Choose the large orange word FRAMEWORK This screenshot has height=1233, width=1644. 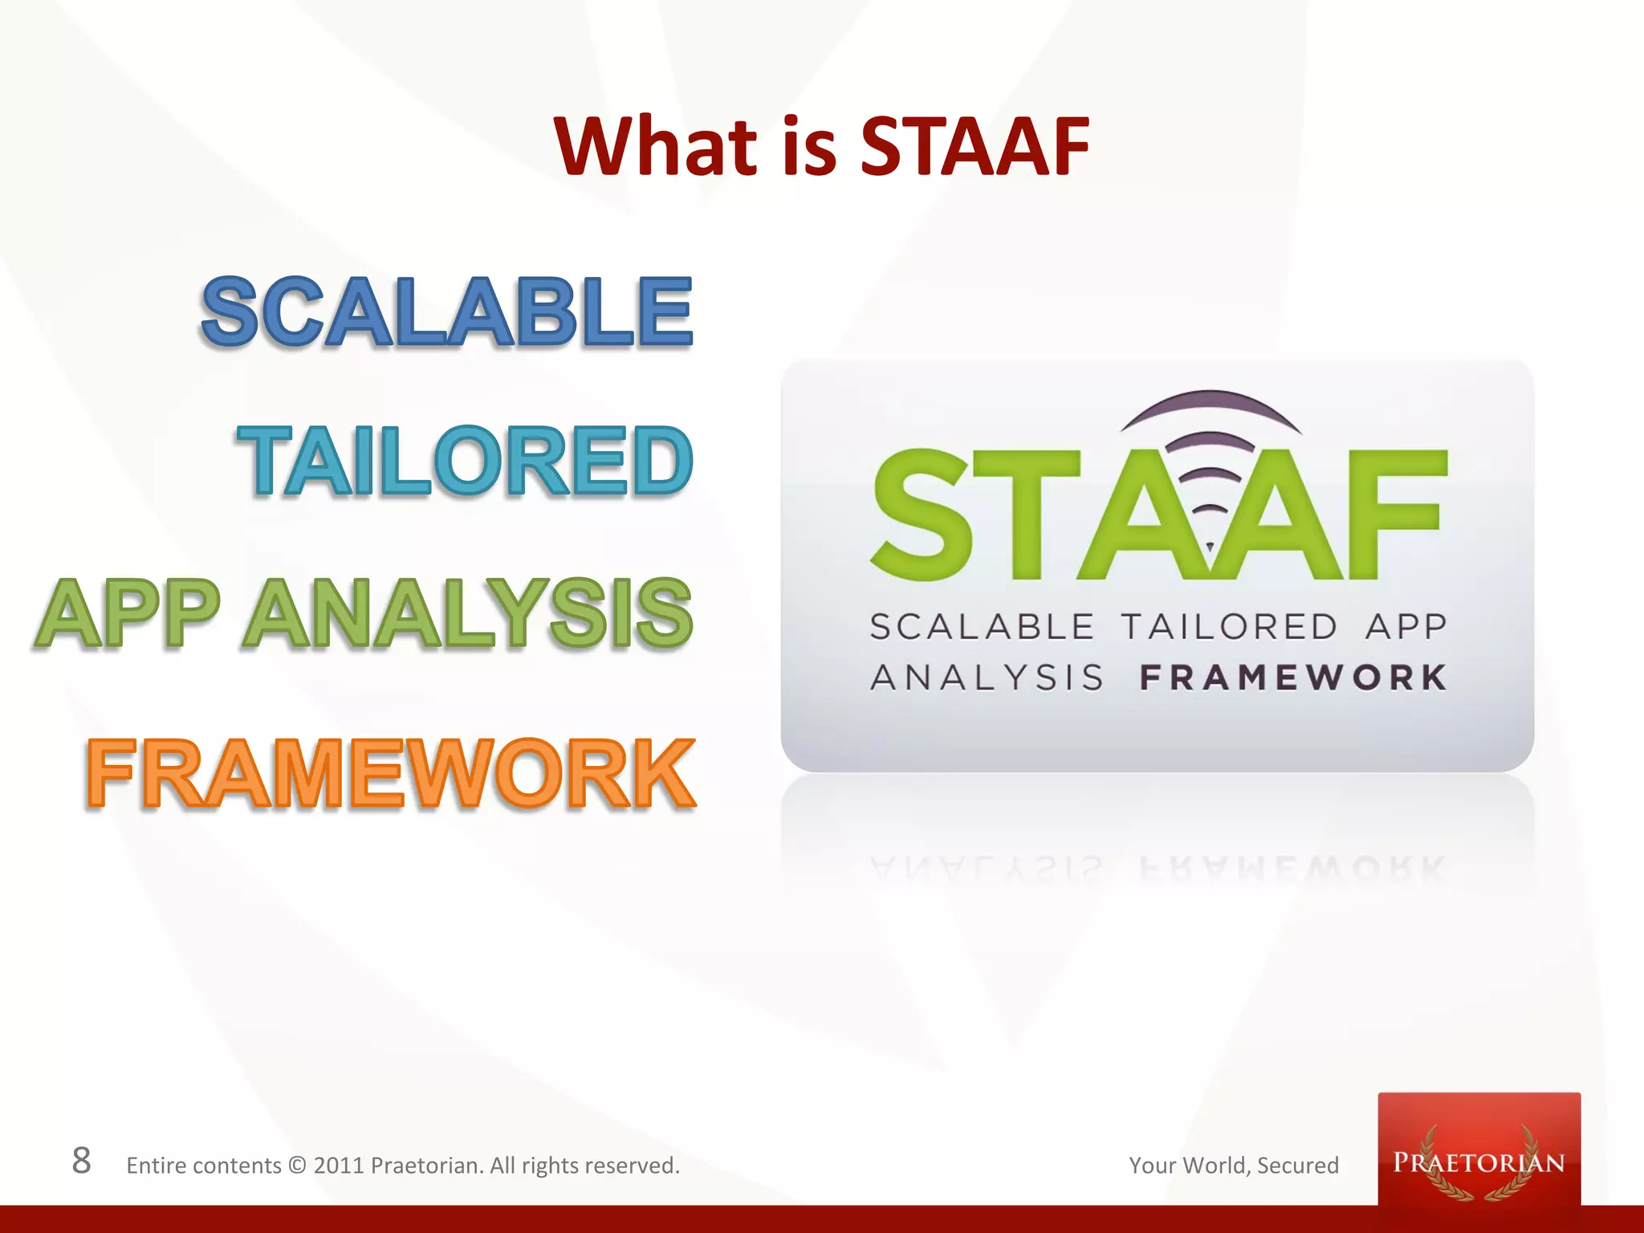point(390,773)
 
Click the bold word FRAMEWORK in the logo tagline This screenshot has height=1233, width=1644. point(1292,678)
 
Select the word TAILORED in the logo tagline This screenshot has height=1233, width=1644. point(1228,627)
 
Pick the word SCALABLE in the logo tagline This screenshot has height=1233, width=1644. point(981,627)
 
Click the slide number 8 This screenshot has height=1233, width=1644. point(81,1161)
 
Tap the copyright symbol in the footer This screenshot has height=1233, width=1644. point(297,1166)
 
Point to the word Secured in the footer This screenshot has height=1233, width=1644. point(1297,1166)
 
